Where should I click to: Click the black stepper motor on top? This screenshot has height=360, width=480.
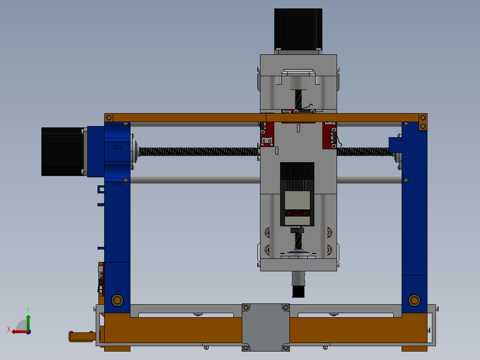pyautogui.click(x=298, y=29)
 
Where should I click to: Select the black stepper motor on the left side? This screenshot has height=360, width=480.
pyautogui.click(x=62, y=151)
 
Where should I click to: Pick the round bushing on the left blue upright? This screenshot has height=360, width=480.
pyautogui.click(x=117, y=300)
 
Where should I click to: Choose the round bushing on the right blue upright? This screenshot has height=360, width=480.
pyautogui.click(x=414, y=300)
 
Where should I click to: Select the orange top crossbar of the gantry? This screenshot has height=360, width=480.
pyautogui.click(x=187, y=118)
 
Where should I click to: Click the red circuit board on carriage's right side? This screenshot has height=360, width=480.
pyautogui.click(x=329, y=135)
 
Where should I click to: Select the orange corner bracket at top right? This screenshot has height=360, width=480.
pyautogui.click(x=422, y=122)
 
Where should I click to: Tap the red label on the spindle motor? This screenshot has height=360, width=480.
pyautogui.click(x=297, y=213)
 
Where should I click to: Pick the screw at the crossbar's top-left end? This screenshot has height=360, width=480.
pyautogui.click(x=108, y=118)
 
